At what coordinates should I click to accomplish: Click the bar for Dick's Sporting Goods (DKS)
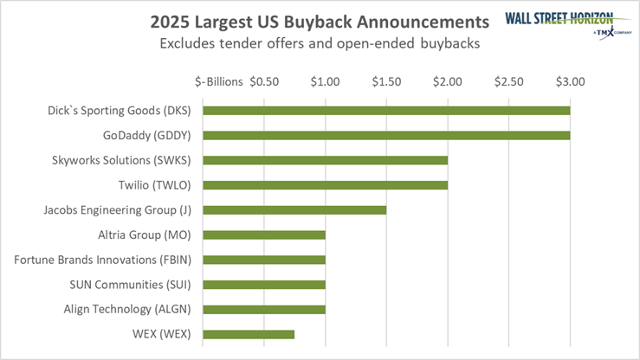pos(385,111)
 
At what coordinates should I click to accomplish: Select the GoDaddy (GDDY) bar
pos(385,135)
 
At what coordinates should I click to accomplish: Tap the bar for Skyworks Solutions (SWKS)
pos(325,160)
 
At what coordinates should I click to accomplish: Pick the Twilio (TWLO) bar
pos(325,185)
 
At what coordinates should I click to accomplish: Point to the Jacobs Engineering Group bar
pos(294,210)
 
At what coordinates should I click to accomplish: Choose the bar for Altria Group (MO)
pos(263,235)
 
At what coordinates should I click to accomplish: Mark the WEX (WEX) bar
pos(249,334)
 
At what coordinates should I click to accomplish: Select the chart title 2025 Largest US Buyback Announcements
pos(312,20)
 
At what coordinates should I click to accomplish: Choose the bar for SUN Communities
pos(263,284)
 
